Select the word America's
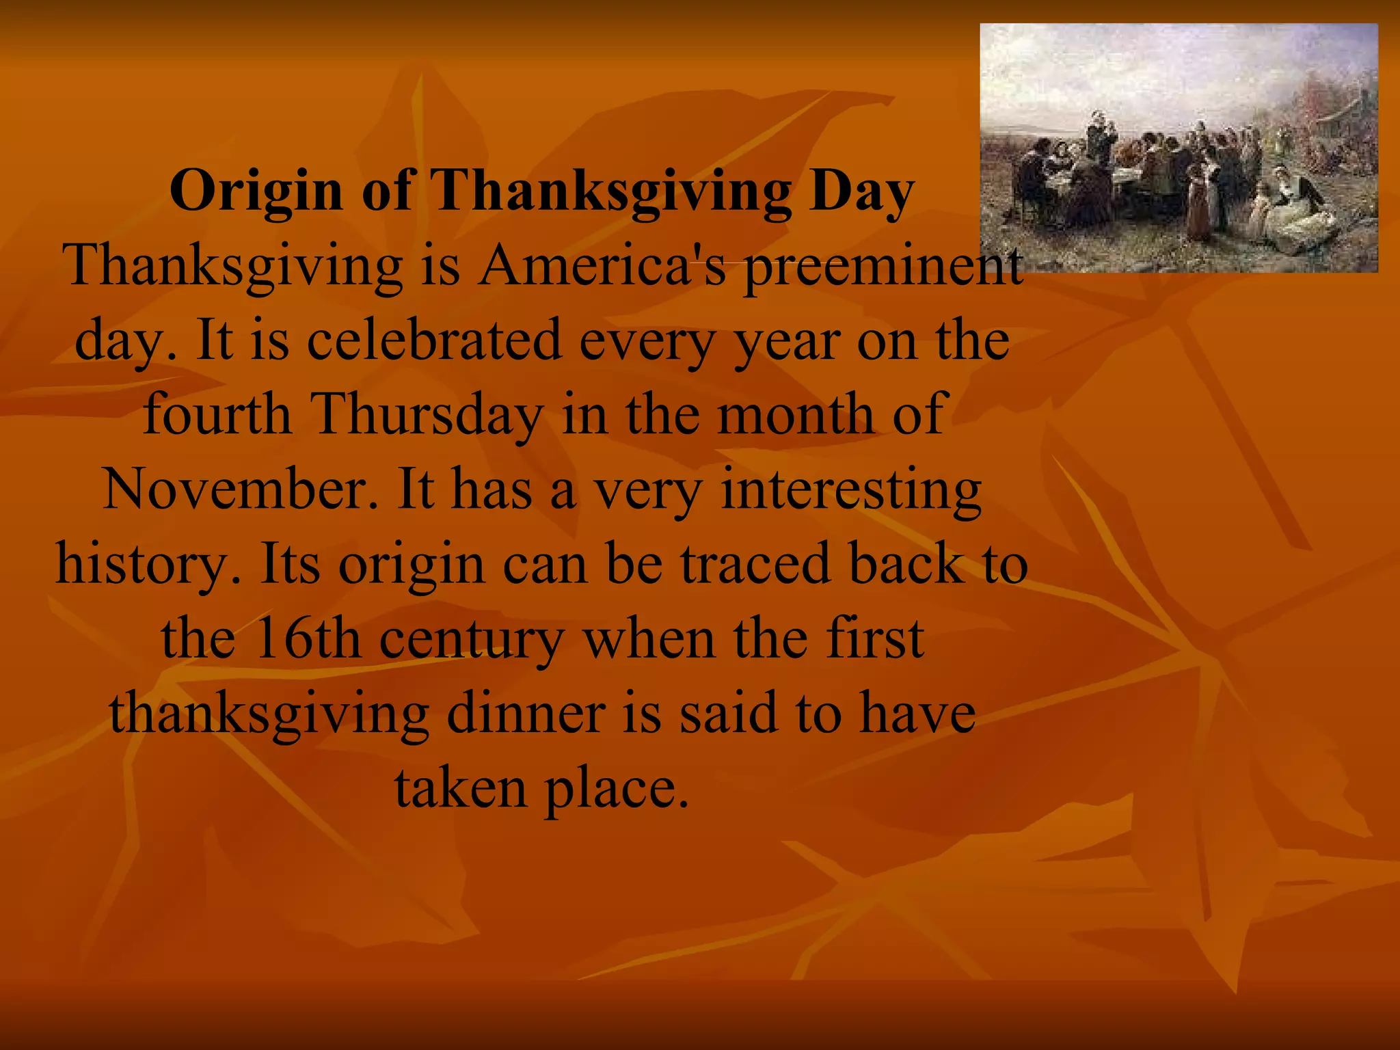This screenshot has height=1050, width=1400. (x=602, y=267)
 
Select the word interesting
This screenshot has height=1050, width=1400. (x=851, y=491)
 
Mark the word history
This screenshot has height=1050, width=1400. (x=148, y=565)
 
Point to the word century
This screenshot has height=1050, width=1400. (x=472, y=640)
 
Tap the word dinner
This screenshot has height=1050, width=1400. (x=526, y=713)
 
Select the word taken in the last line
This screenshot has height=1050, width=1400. (x=460, y=787)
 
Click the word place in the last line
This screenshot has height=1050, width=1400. (x=615, y=789)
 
